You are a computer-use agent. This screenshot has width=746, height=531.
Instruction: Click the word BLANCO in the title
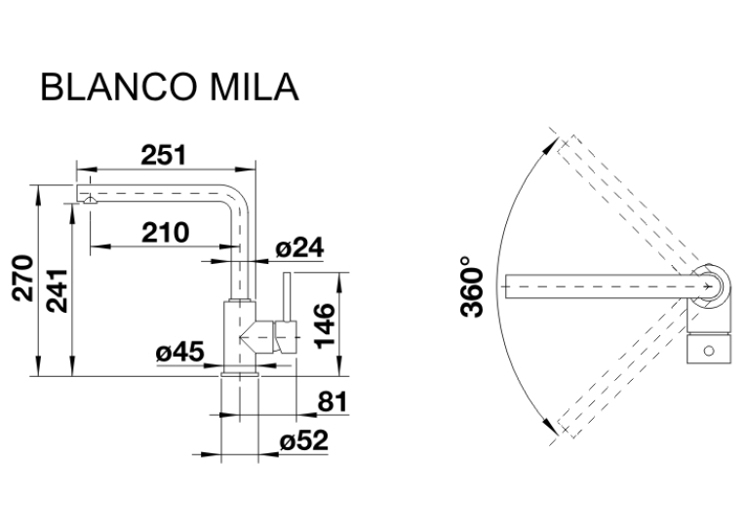(x=119, y=87)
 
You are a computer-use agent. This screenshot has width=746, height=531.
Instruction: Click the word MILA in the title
(x=255, y=87)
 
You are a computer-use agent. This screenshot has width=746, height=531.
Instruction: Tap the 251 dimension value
(x=164, y=155)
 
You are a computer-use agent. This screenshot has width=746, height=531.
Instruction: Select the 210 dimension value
(x=166, y=232)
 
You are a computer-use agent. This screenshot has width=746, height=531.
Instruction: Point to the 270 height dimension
(x=22, y=279)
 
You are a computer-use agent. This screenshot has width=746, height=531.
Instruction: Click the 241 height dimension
(x=59, y=290)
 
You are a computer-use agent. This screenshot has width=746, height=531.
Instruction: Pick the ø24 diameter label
(x=299, y=248)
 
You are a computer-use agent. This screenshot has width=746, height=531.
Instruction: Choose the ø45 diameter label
(x=179, y=353)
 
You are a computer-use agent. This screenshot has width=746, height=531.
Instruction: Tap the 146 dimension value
(x=326, y=325)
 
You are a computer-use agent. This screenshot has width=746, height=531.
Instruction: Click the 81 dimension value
(x=333, y=401)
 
